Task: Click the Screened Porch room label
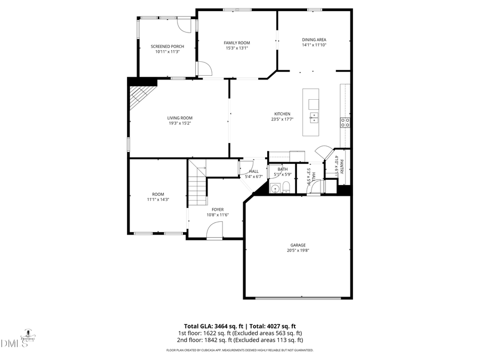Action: (167, 46)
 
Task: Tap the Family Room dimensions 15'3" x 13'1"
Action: (237, 48)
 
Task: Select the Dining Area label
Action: (314, 39)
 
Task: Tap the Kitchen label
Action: (282, 114)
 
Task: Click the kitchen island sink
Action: (314, 115)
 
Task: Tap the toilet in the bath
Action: (286, 186)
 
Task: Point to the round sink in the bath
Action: (275, 187)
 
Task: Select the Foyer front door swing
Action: (214, 230)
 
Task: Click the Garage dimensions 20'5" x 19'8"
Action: (298, 250)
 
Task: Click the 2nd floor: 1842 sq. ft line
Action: (240, 340)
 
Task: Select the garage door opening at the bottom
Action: (298, 298)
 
